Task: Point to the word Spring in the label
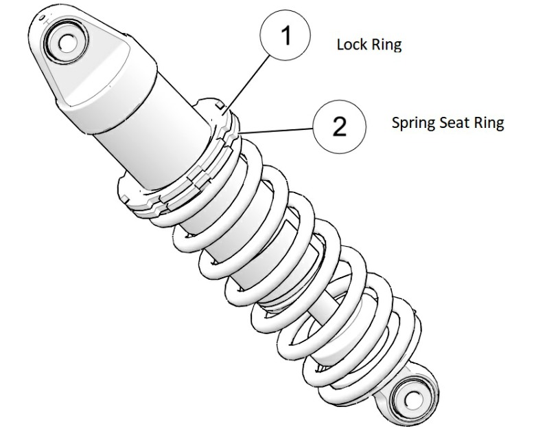410,124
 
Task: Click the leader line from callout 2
274,129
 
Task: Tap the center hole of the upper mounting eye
66,42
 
